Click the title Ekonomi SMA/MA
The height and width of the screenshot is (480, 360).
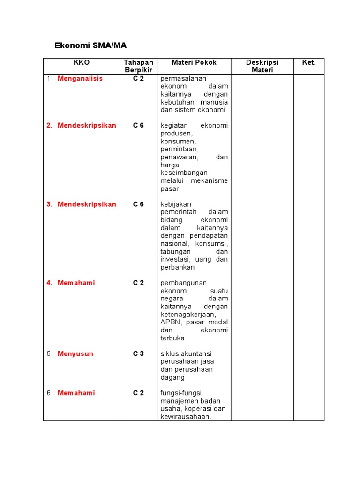(90, 45)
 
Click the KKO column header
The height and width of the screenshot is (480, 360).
(81, 62)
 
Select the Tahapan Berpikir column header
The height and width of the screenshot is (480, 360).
(138, 66)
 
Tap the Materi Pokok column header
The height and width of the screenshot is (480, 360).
(194, 62)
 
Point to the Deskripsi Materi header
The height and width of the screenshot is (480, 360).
(262, 66)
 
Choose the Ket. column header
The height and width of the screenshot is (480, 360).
(309, 62)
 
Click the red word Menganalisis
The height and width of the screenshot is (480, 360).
(80, 78)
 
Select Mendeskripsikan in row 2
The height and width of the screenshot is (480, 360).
(87, 125)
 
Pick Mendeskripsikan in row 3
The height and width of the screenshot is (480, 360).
(87, 204)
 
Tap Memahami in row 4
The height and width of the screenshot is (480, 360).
(76, 283)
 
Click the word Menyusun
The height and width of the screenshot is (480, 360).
(75, 353)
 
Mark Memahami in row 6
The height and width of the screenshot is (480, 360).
(76, 393)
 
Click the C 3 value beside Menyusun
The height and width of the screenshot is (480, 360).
(138, 353)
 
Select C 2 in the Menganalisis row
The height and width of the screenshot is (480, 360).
(138, 78)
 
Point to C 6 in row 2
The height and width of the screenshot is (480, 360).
(138, 125)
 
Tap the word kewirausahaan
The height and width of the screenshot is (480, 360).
(185, 416)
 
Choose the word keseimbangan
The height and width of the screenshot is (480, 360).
(184, 172)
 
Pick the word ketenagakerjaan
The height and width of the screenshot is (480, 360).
(187, 314)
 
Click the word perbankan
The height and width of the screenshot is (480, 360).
(177, 267)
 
